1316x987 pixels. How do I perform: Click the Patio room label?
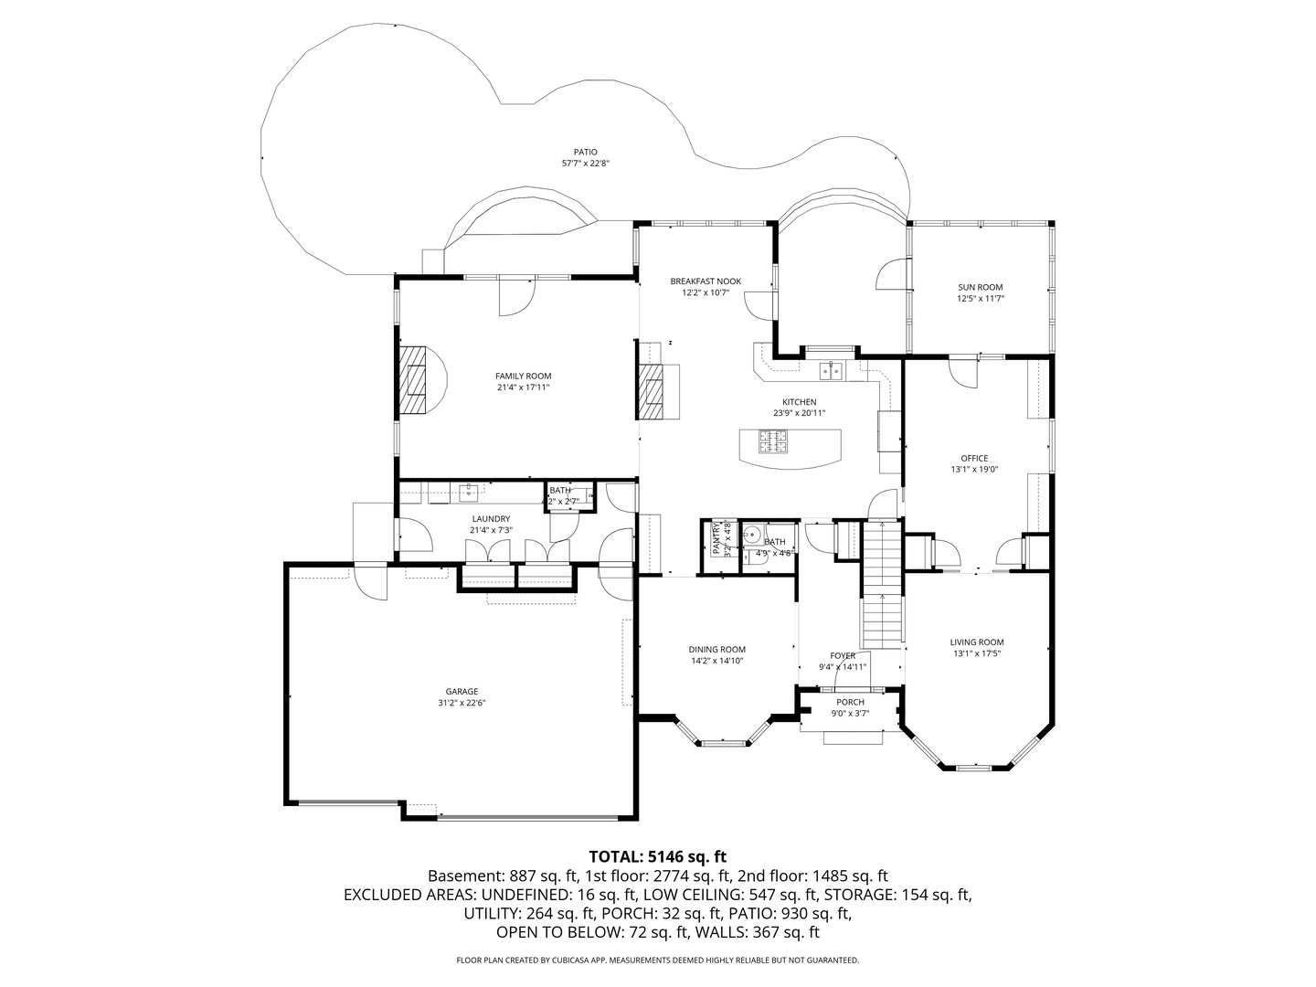(585, 152)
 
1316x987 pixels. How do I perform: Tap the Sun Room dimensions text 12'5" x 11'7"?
(980, 299)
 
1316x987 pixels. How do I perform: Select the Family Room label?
(523, 376)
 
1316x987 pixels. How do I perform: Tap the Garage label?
(462, 692)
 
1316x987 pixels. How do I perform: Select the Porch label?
(850, 702)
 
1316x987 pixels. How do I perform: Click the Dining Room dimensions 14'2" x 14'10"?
(717, 661)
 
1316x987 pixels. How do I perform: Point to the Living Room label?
(977, 642)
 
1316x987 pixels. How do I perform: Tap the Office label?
(973, 458)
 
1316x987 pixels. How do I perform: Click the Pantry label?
(716, 538)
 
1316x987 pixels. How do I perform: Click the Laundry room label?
(491, 518)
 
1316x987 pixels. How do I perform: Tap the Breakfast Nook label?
(705, 281)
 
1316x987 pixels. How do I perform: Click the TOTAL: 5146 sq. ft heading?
(657, 856)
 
